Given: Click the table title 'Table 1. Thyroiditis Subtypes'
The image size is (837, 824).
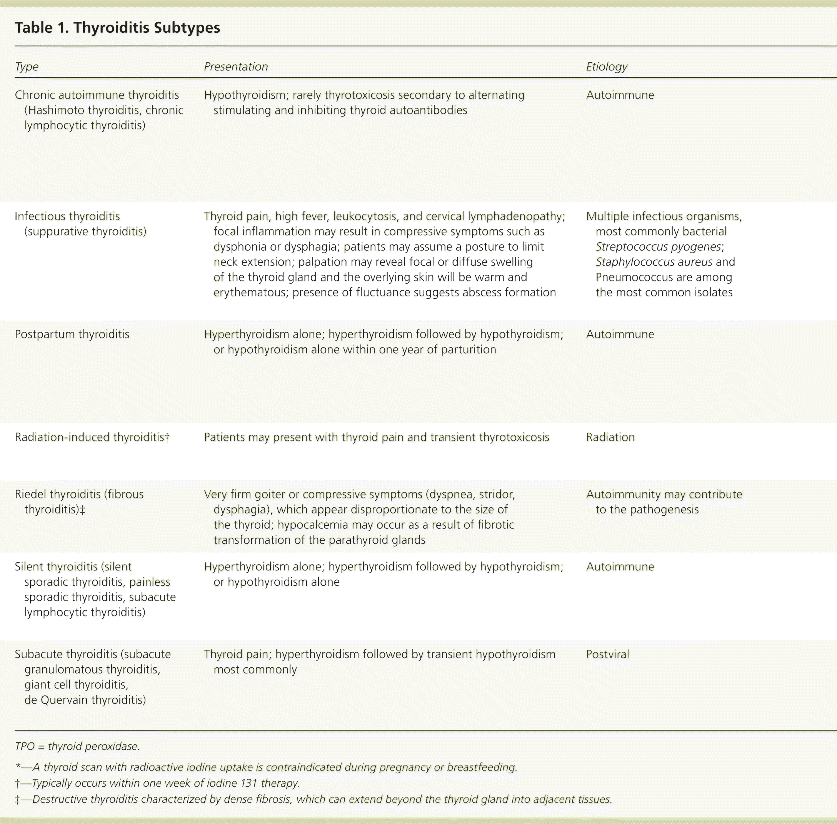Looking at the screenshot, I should (x=117, y=28).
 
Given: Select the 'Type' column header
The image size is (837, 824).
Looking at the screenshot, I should (x=27, y=67).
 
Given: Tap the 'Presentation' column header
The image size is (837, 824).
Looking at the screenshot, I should (x=236, y=67).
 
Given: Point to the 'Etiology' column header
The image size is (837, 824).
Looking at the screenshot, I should (x=607, y=67).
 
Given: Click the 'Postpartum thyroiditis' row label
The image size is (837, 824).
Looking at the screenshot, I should (x=72, y=334).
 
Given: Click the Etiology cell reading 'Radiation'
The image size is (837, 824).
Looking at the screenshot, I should (x=610, y=437).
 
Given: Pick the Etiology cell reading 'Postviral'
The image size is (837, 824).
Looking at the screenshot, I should (x=607, y=654).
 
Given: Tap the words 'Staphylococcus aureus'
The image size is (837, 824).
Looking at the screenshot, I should (x=654, y=262).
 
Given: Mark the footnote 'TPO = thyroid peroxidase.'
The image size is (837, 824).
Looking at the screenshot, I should (x=77, y=746).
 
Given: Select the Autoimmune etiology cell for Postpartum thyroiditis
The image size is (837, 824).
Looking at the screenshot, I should (x=620, y=334).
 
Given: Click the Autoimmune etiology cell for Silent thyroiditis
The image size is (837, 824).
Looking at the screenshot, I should (x=620, y=567).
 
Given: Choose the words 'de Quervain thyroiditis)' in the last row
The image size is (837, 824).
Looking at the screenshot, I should (x=85, y=700).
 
